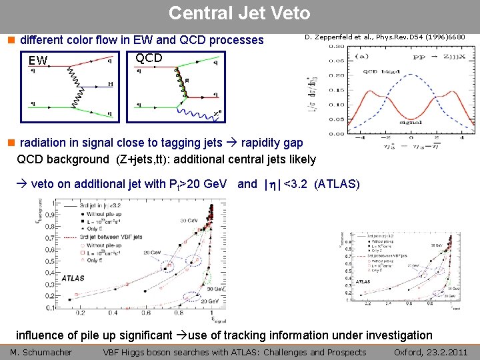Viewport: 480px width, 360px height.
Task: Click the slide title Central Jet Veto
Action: point(239,13)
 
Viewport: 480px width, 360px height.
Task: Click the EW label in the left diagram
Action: point(38,61)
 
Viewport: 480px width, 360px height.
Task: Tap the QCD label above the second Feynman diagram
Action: point(149,58)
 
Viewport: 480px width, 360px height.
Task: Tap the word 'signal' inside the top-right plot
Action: point(411,122)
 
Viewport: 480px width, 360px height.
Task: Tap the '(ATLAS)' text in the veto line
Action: point(341,184)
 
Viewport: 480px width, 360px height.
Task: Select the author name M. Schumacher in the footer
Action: point(41,352)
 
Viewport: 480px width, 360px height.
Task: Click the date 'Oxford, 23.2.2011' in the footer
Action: point(431,352)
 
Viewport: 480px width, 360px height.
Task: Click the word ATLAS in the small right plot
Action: point(363,281)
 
